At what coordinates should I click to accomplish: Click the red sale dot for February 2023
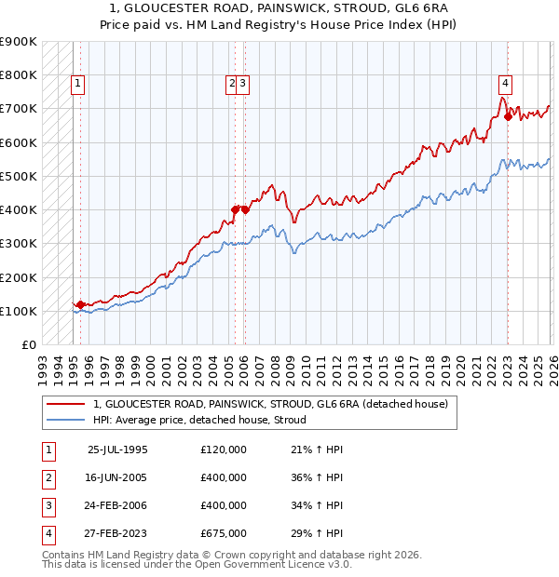coord(508,117)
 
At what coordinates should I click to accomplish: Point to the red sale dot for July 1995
coord(80,304)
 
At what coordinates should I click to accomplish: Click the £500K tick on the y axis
coord(19,176)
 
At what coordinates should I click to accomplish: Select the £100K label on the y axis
coord(19,311)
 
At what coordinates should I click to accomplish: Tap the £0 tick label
coord(28,344)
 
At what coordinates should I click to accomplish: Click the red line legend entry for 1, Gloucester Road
coord(270,404)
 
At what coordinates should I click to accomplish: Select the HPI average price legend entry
coord(205,420)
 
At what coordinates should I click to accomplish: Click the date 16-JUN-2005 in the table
coord(116,476)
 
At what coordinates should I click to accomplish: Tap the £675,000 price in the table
coord(224,533)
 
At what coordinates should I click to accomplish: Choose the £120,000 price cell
coord(224,449)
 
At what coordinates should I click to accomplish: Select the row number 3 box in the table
coord(48,505)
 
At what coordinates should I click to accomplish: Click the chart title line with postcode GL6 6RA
coord(279,7)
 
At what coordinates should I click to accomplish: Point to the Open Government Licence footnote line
coord(198,564)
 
